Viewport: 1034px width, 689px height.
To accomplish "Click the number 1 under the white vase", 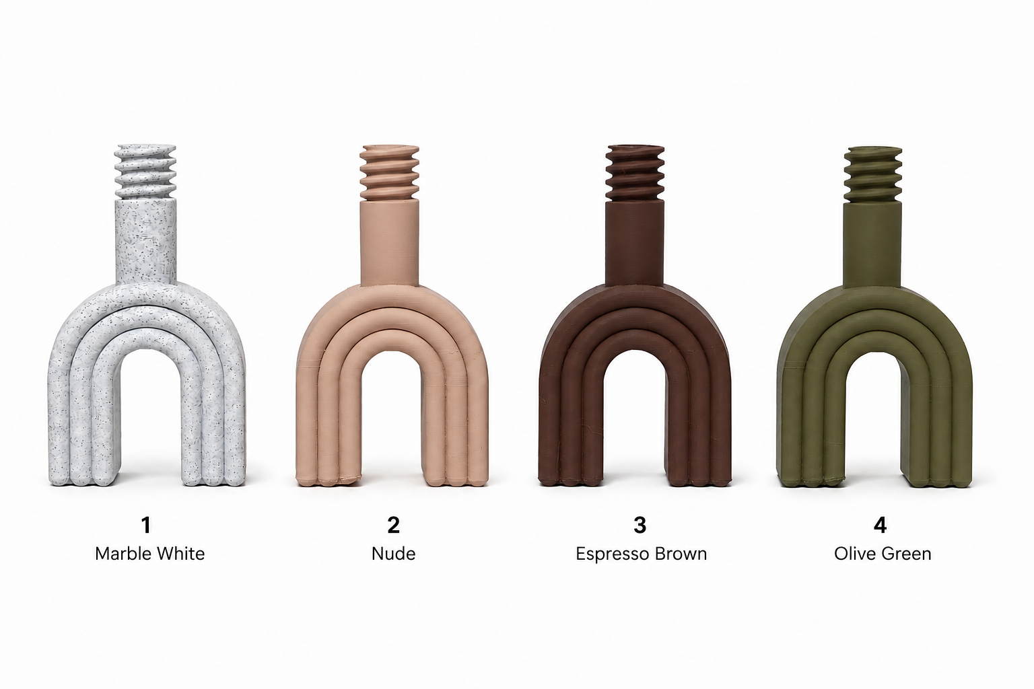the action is point(146,525).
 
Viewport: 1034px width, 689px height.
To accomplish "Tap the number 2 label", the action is point(393,525).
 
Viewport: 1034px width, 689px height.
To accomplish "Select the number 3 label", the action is point(640,525).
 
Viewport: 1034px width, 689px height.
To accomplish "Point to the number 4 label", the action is point(881,525).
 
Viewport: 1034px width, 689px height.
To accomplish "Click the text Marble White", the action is point(149,553).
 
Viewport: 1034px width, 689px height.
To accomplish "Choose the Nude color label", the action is point(393,553).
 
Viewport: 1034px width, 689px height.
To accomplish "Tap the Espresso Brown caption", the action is point(641,554).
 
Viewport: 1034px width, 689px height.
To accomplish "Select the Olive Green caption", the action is point(883,553).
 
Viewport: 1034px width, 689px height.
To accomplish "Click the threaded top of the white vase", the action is point(145,172).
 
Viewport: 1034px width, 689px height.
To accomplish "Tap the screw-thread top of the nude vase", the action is point(390,173).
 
